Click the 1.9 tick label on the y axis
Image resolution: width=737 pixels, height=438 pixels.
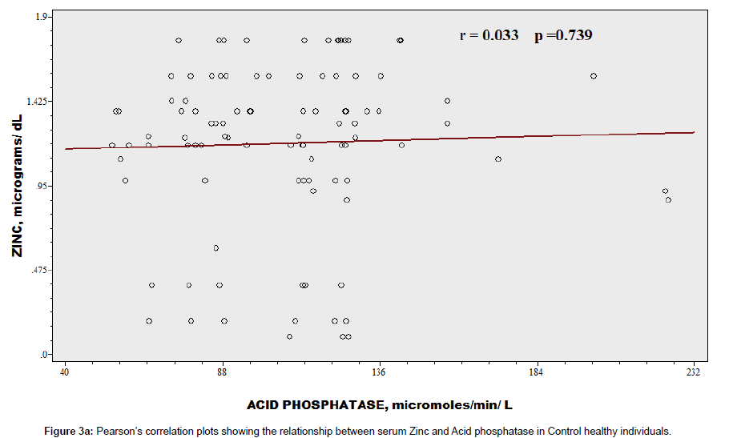pos(44,17)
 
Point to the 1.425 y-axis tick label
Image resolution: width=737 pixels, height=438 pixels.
pos(39,101)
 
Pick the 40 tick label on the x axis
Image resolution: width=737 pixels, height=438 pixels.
pos(65,372)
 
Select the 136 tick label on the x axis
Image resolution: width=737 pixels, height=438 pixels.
pos(379,372)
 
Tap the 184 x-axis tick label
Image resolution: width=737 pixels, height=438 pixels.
pos(537,372)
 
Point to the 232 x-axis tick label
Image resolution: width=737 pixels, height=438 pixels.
pos(694,372)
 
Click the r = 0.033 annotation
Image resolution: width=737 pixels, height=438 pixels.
pos(489,35)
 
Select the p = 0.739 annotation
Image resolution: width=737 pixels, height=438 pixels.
pos(563,35)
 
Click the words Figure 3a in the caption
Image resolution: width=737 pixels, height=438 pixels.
pos(68,431)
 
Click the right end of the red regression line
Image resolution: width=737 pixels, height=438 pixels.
pos(694,133)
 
